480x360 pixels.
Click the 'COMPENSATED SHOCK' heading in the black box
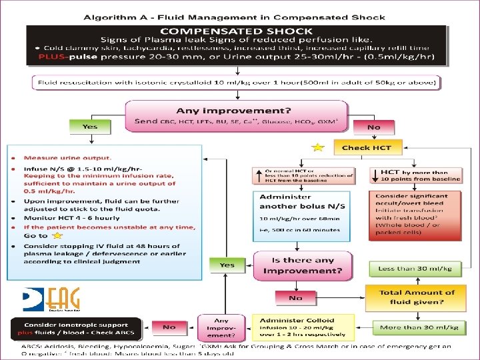237,31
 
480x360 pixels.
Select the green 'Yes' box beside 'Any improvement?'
90,126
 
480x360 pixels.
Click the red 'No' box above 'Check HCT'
375,126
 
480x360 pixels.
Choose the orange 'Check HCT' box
367,147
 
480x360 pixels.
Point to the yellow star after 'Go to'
59,235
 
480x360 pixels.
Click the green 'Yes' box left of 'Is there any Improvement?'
227,265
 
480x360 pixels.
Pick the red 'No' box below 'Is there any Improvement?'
295,298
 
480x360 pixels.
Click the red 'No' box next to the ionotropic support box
169,327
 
